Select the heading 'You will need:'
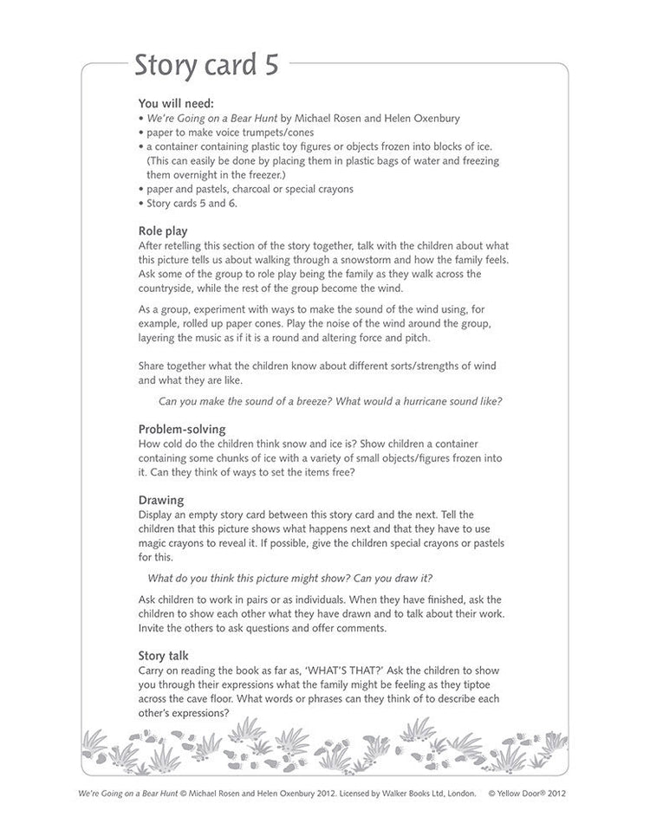[x=175, y=102]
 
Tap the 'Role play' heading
[x=163, y=230]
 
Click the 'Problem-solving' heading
[x=182, y=430]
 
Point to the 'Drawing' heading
[x=161, y=500]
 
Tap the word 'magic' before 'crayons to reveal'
[x=156, y=542]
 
